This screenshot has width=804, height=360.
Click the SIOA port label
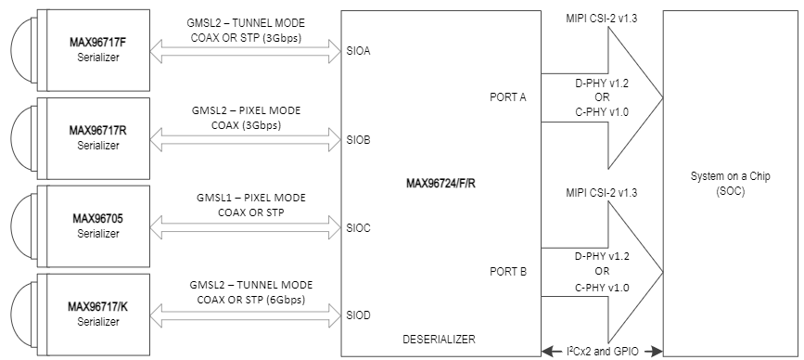pyautogui.click(x=359, y=52)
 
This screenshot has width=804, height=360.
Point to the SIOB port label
pyautogui.click(x=359, y=140)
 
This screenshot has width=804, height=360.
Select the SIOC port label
pyautogui.click(x=359, y=227)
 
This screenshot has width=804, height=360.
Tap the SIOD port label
pyautogui.click(x=359, y=315)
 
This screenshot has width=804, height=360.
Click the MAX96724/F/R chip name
pyautogui.click(x=441, y=182)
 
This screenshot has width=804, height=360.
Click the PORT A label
pyautogui.click(x=508, y=96)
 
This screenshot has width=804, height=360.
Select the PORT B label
pyautogui.click(x=508, y=271)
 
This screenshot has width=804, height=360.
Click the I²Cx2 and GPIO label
pyautogui.click(x=602, y=351)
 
